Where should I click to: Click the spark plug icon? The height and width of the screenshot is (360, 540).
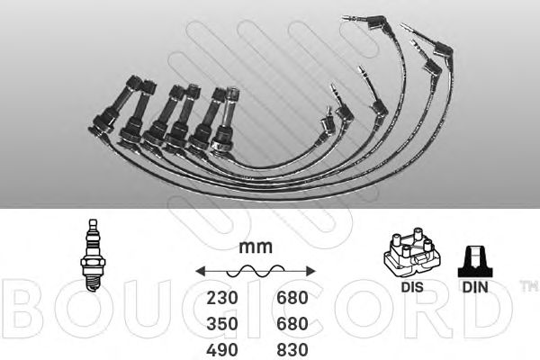(x=93, y=256)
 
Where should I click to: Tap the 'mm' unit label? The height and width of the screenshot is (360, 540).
(x=256, y=247)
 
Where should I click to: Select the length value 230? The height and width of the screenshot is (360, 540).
(x=222, y=298)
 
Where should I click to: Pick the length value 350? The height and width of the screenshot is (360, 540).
(x=222, y=324)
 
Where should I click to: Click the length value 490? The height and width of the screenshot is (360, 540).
(x=222, y=350)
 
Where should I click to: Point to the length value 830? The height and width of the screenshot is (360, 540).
(x=292, y=350)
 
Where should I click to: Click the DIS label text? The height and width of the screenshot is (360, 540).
(x=412, y=287)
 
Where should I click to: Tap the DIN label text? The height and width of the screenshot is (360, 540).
(x=475, y=287)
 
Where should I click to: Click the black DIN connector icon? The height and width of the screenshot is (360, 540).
(x=475, y=262)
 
